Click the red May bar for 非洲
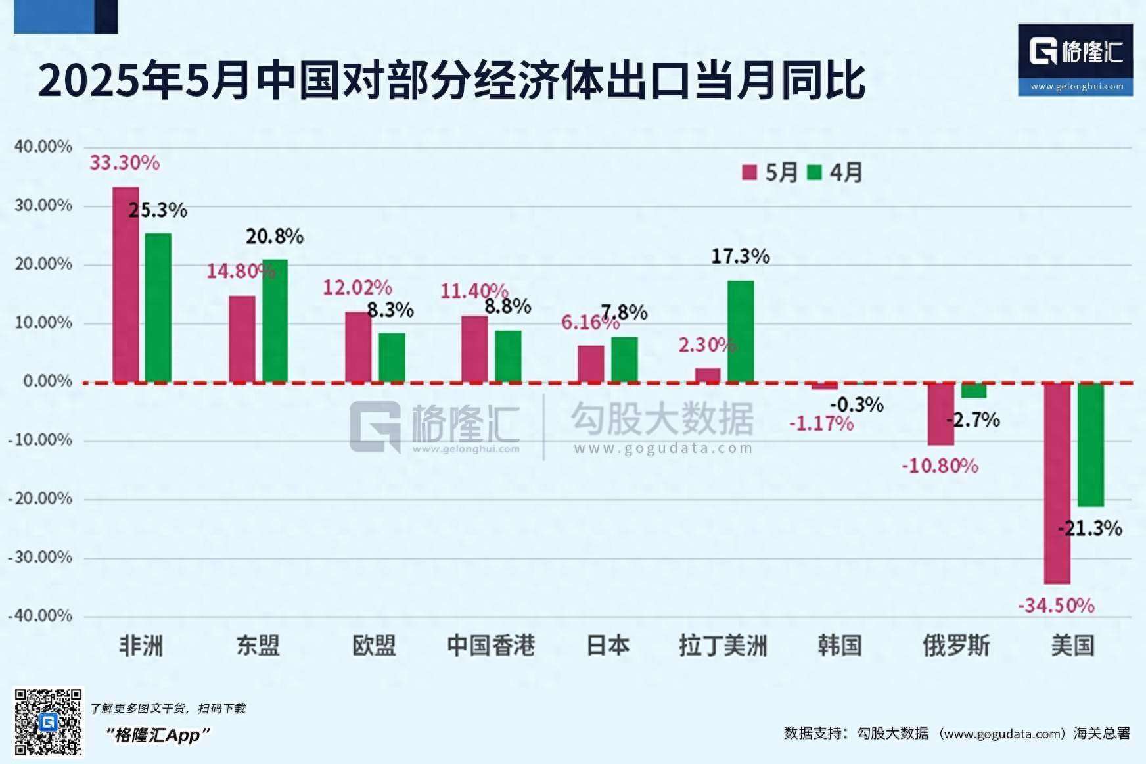(x=126, y=284)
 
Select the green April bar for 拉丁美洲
(x=741, y=331)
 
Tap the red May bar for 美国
(x=1057, y=483)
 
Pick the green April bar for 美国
(x=1091, y=444)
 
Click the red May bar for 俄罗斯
(x=940, y=414)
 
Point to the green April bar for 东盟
(x=275, y=321)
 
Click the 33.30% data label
(x=124, y=162)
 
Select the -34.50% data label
(x=1056, y=605)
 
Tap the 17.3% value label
(x=740, y=256)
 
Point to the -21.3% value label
(x=1090, y=528)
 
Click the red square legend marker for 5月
(x=749, y=172)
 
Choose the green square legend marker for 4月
(x=814, y=172)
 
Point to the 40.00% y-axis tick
(x=43, y=147)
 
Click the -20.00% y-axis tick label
(x=39, y=498)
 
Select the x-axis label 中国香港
(x=491, y=646)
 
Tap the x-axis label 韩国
(x=839, y=646)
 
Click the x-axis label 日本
(x=608, y=646)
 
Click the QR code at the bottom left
(x=49, y=722)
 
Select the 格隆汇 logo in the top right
(x=1075, y=59)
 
